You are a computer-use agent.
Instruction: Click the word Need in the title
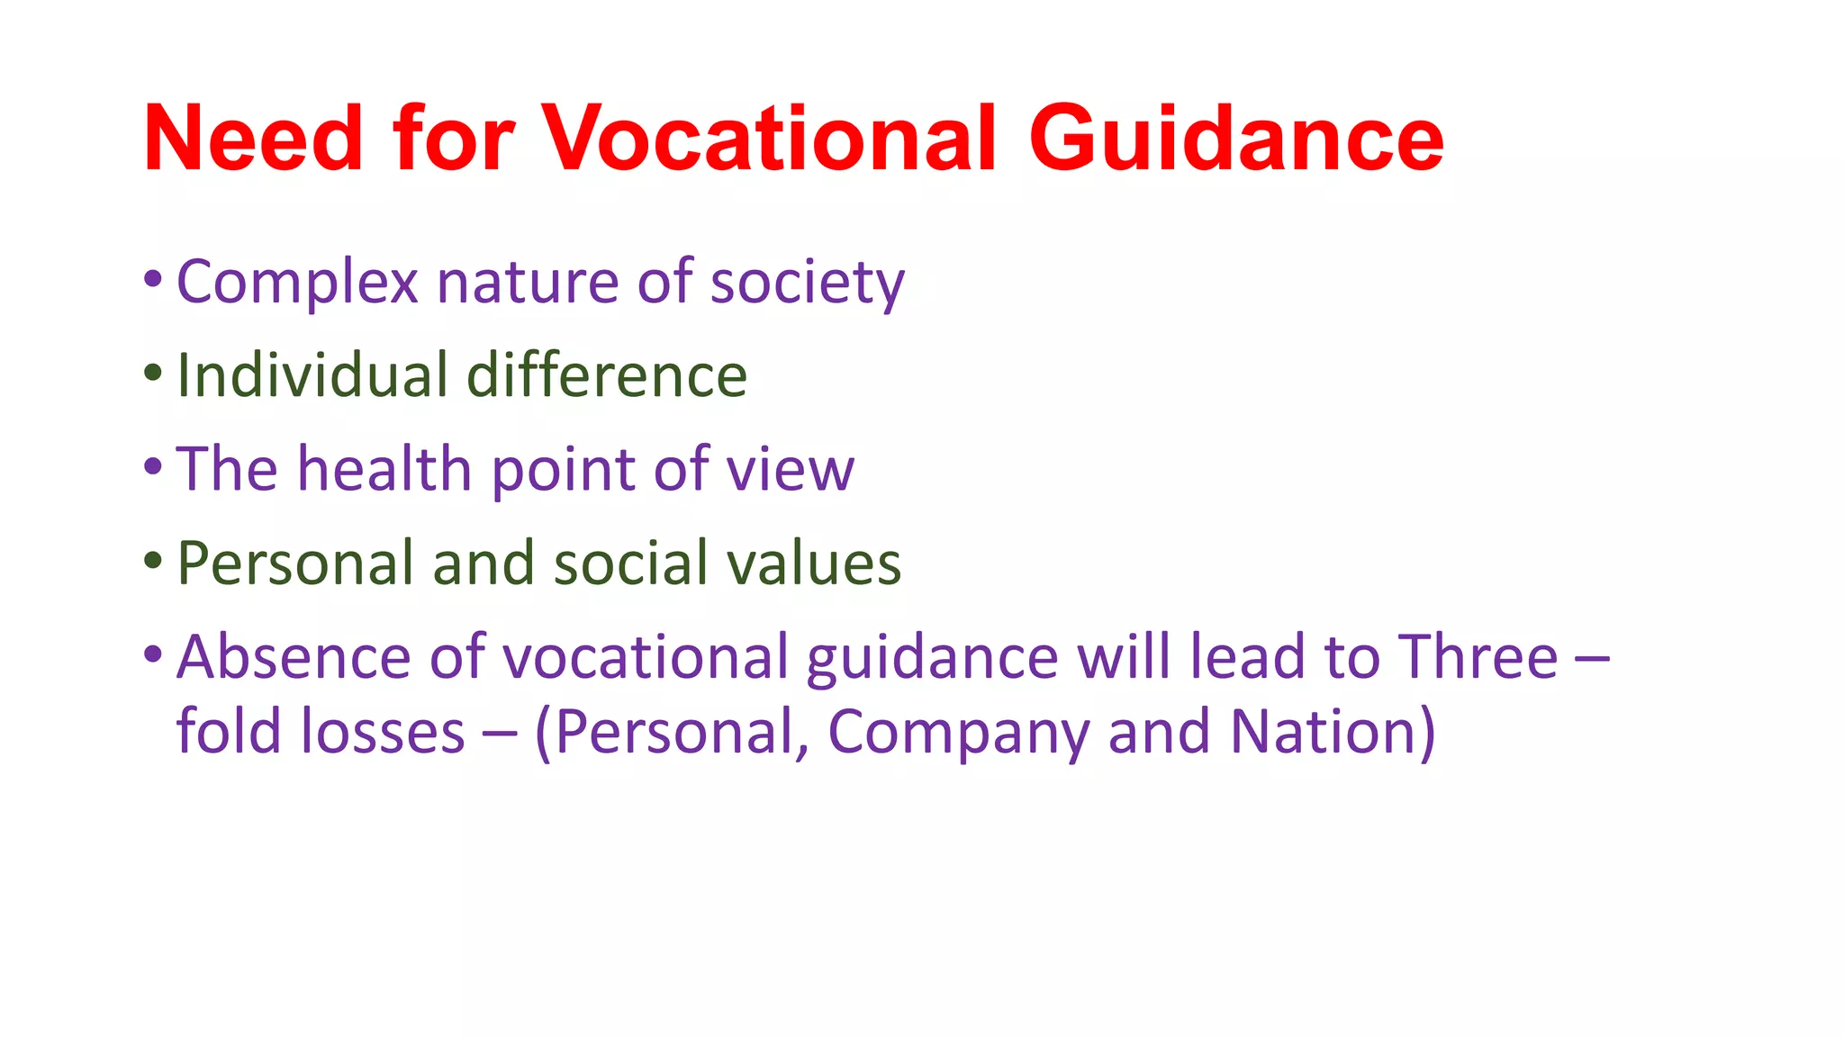pos(253,139)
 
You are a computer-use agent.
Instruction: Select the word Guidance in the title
pos(1236,139)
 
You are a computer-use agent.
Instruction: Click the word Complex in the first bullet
pos(297,283)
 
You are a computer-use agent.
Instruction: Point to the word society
pos(807,283)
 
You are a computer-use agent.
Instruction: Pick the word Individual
pos(312,375)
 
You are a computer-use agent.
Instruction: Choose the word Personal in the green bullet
pos(294,563)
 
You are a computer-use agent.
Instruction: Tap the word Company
pos(958,731)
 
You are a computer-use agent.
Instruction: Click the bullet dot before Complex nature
pos(153,278)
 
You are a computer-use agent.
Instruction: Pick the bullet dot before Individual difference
pos(153,372)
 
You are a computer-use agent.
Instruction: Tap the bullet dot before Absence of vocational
pos(153,653)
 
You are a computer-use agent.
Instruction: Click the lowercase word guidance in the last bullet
pos(932,658)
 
